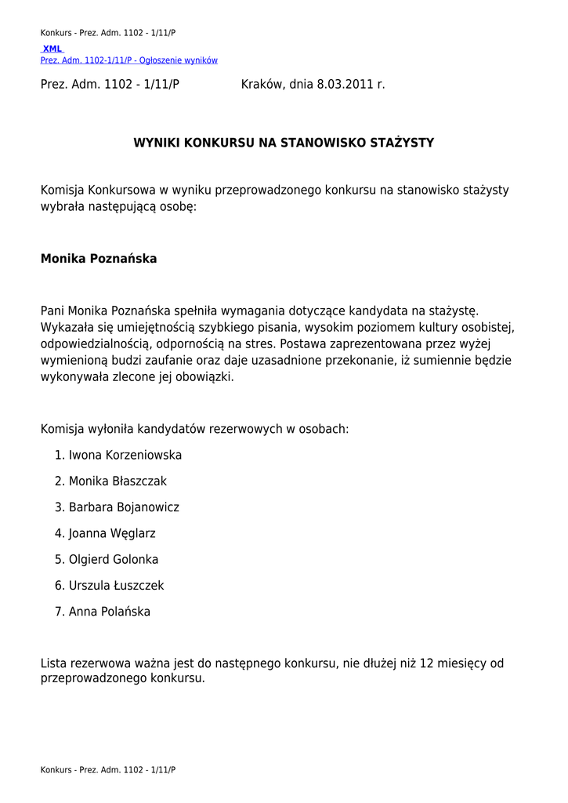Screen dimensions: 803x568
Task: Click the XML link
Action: [x=52, y=49]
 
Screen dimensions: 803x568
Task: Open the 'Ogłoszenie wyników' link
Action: [x=129, y=60]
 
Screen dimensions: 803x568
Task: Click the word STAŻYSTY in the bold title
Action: [x=396, y=143]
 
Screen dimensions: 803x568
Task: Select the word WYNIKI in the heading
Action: [x=155, y=143]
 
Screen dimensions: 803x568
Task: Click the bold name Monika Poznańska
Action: [x=99, y=259]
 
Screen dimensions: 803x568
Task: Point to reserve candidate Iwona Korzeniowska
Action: [x=125, y=455]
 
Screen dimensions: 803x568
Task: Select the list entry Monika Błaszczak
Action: [x=118, y=481]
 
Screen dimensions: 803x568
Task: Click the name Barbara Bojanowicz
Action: [x=124, y=507]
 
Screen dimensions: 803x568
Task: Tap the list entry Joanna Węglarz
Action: [x=112, y=533]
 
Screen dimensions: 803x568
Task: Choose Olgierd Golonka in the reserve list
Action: [x=114, y=559]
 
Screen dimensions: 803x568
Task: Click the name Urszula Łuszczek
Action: [x=117, y=586]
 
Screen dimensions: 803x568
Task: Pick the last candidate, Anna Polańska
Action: [x=110, y=612]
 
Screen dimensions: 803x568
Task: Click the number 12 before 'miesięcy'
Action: [x=427, y=663]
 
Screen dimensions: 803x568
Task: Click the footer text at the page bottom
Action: [x=108, y=770]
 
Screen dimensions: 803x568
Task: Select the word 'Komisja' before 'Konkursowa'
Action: [x=63, y=190]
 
